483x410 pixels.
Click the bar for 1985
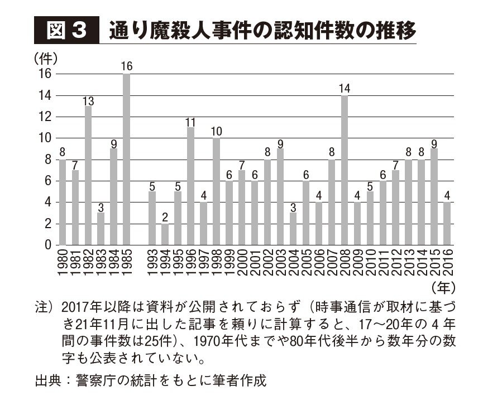126,160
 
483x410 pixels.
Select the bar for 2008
345,170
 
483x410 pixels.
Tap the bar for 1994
165,234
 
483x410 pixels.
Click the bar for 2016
447,224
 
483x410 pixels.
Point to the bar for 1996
190,186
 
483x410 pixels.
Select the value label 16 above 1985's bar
126,66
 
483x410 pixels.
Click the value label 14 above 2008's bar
345,88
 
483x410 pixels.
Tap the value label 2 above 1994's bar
165,216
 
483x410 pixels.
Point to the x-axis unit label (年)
444,288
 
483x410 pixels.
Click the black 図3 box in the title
65,31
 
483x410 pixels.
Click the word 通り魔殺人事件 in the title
172,31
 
